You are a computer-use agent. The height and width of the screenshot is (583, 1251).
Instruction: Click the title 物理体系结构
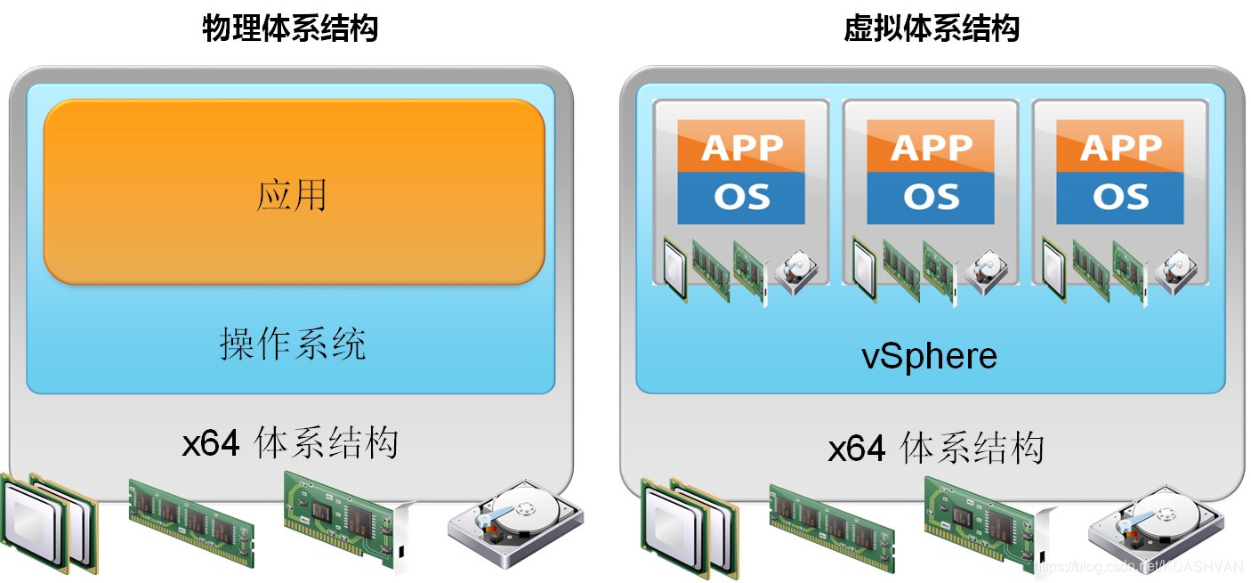290,28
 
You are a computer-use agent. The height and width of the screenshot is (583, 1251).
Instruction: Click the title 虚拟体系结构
931,28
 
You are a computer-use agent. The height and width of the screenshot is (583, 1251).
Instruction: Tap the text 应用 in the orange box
292,195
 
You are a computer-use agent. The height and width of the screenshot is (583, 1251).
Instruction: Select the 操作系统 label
292,344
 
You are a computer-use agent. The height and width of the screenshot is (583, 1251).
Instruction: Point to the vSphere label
929,357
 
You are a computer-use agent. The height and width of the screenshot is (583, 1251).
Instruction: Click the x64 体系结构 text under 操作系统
290,442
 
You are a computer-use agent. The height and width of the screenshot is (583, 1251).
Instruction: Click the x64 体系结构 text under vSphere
935,448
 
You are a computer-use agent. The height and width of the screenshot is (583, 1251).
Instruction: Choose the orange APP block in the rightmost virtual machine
1119,146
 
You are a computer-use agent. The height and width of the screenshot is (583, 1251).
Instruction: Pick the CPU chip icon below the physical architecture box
49,521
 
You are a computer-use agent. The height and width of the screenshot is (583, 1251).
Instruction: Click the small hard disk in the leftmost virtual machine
793,271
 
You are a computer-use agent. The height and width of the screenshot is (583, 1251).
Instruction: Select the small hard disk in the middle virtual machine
983,271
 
